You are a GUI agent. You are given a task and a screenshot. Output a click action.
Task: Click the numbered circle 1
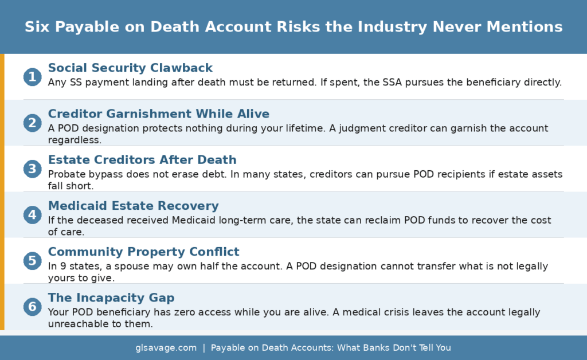[x=32, y=77]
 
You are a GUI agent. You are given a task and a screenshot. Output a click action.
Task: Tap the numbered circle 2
[x=32, y=123]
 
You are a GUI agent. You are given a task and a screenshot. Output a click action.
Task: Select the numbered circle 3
[x=32, y=169]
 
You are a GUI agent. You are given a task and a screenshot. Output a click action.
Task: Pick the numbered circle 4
[x=32, y=214]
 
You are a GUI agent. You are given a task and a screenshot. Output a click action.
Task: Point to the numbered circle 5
[x=32, y=261]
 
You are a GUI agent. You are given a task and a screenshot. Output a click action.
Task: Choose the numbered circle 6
[x=32, y=307]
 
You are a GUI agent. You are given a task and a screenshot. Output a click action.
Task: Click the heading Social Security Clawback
[x=130, y=68]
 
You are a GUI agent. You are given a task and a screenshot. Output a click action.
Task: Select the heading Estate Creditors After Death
[x=142, y=159]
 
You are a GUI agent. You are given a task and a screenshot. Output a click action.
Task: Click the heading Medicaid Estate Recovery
[x=133, y=205]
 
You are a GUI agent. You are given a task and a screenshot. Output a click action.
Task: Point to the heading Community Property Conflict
[x=143, y=252]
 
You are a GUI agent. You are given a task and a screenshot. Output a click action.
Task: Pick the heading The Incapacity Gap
[x=111, y=298]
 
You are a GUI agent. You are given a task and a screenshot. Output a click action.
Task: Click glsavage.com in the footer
[x=166, y=347]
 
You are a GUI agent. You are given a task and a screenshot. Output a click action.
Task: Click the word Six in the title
[x=37, y=27]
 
